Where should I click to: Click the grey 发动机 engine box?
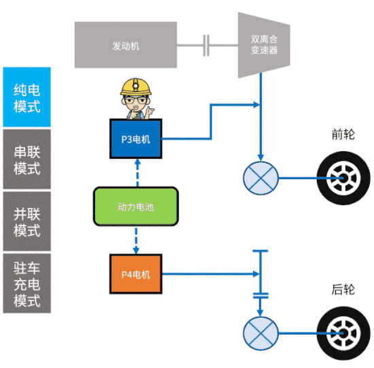126,46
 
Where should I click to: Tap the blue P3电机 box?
137,139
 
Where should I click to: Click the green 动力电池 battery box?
136,207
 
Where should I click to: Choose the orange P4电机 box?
137,275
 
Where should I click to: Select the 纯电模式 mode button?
27,97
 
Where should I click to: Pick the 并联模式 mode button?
27,221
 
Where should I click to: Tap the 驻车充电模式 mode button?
27,283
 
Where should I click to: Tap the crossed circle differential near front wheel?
261,179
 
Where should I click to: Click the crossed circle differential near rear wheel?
261,333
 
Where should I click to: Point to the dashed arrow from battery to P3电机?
137,173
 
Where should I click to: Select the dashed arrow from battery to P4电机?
137,241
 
